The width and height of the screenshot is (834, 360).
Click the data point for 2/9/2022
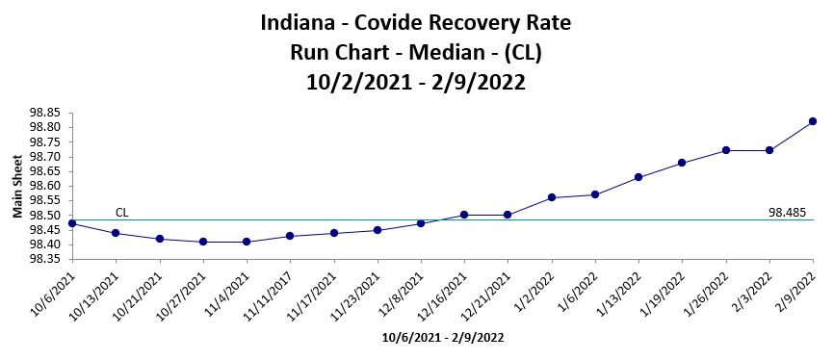coord(813,121)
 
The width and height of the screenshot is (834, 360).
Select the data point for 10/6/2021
coord(72,223)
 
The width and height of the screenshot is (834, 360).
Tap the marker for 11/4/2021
coord(247,242)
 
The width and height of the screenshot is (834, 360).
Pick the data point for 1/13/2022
coord(639,177)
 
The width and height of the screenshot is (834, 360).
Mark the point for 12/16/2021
coord(464,215)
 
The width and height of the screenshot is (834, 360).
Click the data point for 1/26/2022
coord(725,150)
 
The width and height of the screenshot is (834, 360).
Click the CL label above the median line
coord(122,212)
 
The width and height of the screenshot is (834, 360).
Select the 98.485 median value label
coord(788,212)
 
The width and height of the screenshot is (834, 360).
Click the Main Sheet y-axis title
coord(17,187)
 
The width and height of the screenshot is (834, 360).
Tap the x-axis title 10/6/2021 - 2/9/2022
coord(442,338)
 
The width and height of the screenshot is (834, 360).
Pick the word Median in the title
coord(424,52)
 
